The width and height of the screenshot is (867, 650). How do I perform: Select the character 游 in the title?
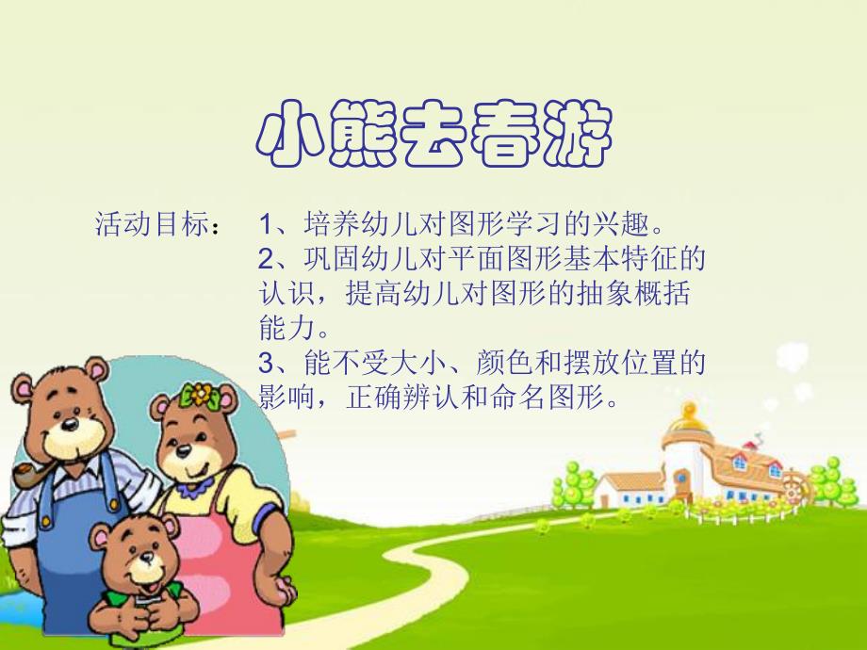pyautogui.click(x=576, y=136)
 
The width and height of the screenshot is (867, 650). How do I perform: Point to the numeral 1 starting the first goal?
pyautogui.click(x=266, y=226)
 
